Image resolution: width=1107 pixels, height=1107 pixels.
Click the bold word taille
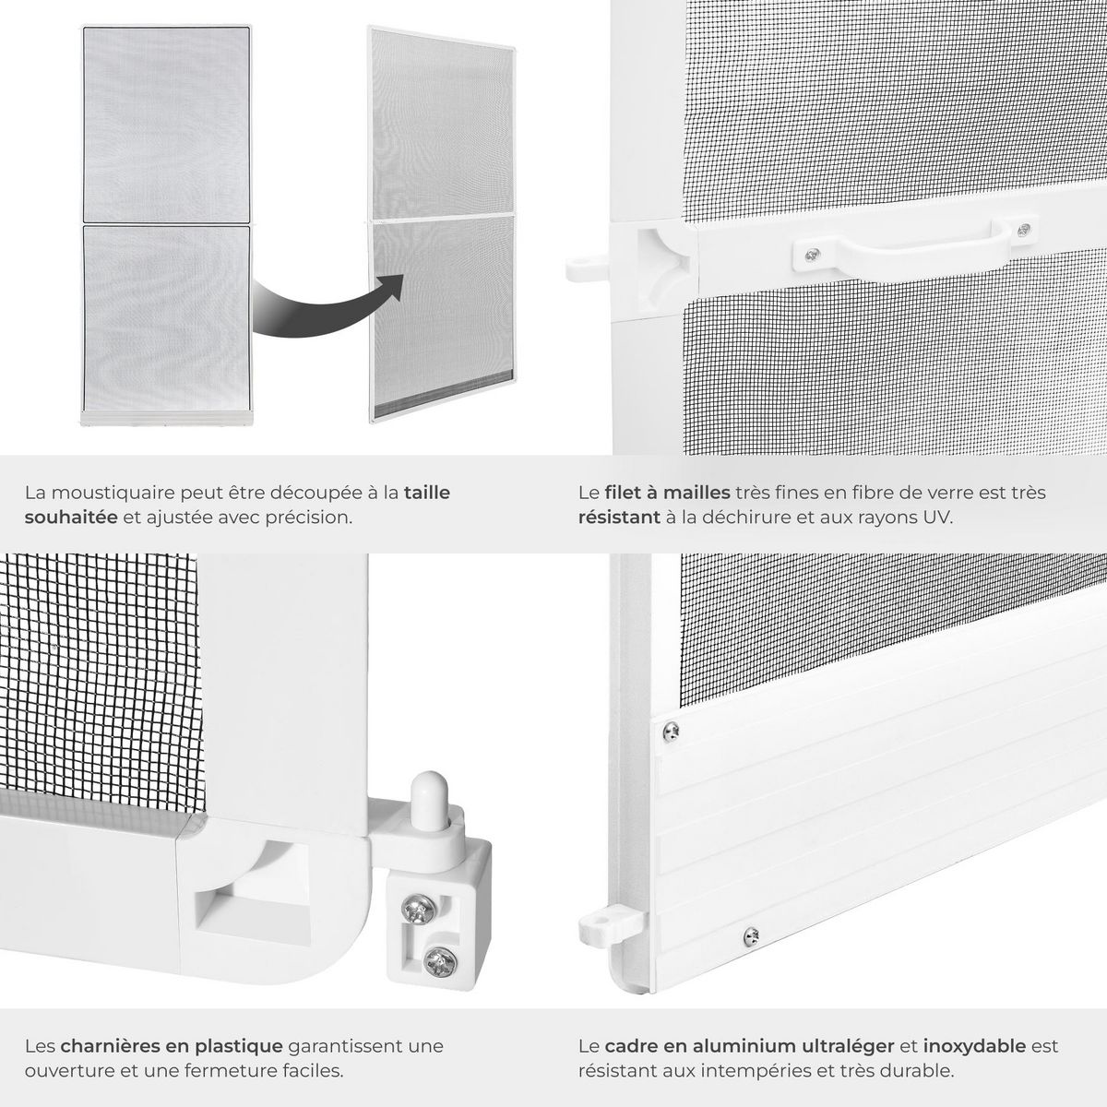point(427,493)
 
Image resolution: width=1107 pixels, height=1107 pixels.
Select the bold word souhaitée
point(71,517)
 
